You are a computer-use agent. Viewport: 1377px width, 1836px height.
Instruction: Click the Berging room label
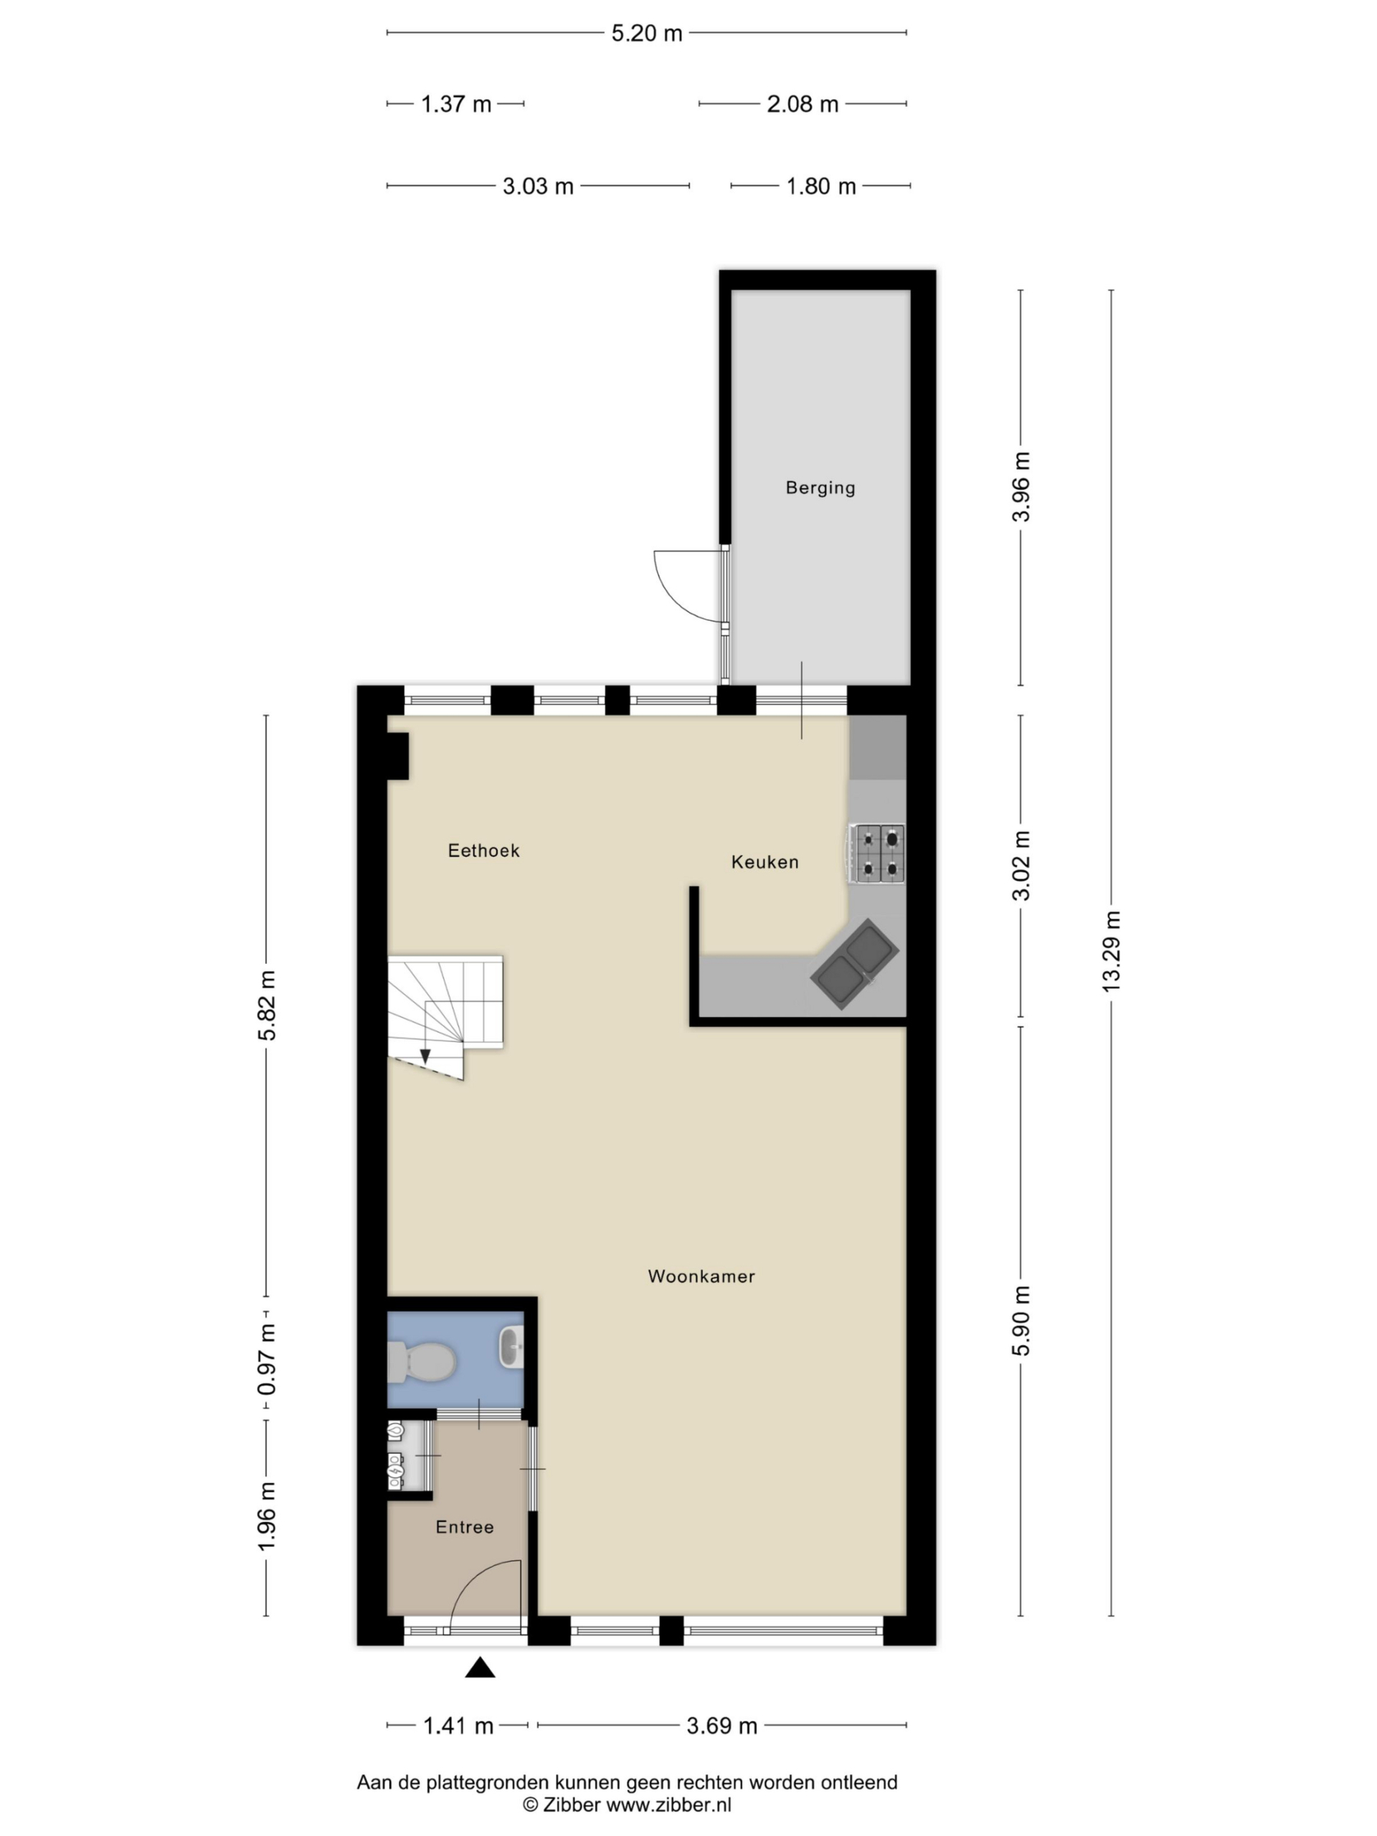[x=819, y=488]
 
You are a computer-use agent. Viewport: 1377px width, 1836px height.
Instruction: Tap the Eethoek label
[x=483, y=850]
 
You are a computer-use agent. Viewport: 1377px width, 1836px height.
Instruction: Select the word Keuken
[x=765, y=861]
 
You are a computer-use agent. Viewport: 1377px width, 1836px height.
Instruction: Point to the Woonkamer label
[x=701, y=1276]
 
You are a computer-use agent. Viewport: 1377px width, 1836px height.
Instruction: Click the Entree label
[x=464, y=1526]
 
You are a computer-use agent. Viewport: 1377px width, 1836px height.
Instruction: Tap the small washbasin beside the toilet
[x=511, y=1347]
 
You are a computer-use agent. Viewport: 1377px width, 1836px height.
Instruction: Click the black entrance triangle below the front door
[x=480, y=1667]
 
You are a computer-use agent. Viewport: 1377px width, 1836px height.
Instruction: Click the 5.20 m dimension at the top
[x=647, y=33]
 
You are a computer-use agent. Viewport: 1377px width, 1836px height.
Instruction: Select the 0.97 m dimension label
[x=267, y=1359]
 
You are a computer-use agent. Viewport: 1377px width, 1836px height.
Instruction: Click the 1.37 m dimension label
[x=455, y=105]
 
